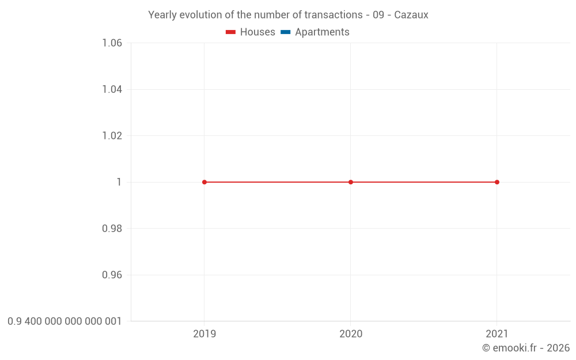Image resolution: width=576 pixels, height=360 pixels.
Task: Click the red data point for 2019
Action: point(204,182)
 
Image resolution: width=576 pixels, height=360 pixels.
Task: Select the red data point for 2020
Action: point(351,182)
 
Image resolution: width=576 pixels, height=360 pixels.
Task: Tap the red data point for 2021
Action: point(497,182)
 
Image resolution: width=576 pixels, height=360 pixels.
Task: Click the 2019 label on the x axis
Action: point(204,334)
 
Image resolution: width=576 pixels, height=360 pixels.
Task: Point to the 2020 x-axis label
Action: point(351,334)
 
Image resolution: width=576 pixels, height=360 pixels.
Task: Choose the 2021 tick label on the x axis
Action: point(497,334)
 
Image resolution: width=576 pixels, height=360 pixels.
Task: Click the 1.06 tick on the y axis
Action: point(112,43)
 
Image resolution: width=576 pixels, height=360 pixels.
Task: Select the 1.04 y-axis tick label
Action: point(112,89)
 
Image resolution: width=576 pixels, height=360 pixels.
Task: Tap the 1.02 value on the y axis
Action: point(112,136)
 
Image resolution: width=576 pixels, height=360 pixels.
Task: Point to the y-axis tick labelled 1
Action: point(119,182)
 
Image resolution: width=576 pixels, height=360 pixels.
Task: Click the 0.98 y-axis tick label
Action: point(112,229)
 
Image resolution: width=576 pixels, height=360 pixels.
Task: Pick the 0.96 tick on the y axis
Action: point(112,275)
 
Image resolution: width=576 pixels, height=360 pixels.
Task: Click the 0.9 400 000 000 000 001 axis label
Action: point(65,321)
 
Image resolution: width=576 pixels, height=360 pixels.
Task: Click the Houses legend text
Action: point(257,32)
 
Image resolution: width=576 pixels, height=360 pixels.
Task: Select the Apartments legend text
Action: point(322,32)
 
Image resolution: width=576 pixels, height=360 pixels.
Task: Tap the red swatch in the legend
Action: point(231,32)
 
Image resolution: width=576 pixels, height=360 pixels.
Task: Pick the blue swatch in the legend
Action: point(285,32)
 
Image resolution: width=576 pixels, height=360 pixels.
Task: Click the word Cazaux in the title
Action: point(411,15)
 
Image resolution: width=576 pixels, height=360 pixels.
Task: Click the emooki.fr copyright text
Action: point(526,348)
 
